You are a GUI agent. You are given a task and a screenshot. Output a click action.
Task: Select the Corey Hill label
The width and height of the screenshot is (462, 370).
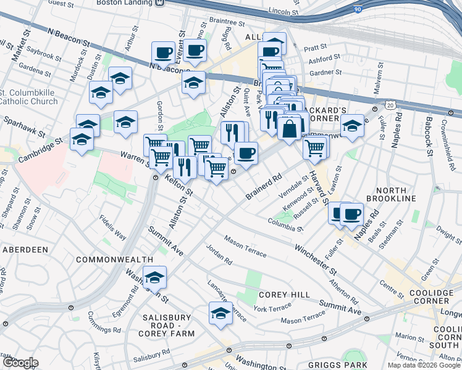coord(284,295)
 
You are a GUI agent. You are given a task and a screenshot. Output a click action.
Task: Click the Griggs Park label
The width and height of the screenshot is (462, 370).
coord(357,355)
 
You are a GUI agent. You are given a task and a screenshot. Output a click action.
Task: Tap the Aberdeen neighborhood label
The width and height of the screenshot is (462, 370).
coord(25,250)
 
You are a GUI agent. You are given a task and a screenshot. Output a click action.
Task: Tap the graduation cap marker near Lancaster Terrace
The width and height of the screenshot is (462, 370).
coord(220,312)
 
